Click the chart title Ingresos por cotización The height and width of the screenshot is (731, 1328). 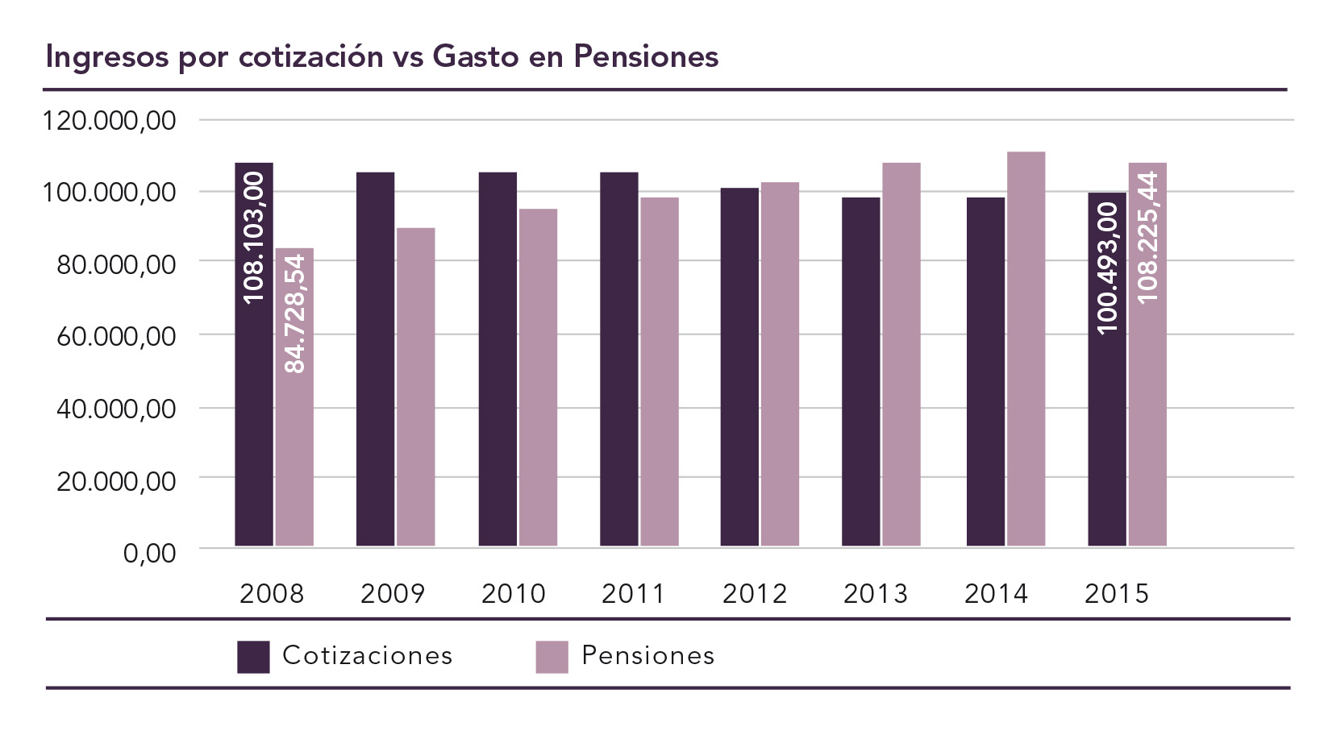click(381, 56)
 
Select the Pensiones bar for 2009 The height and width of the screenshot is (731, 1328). click(416, 387)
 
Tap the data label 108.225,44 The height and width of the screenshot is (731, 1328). click(1147, 238)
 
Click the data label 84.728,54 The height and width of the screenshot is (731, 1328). click(295, 314)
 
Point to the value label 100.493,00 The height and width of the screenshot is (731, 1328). click(1108, 268)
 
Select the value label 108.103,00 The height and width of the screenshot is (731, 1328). click(254, 238)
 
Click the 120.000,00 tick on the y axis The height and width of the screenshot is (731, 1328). click(109, 121)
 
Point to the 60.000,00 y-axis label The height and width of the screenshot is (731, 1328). click(115, 336)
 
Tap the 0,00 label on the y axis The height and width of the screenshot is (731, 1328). click(149, 553)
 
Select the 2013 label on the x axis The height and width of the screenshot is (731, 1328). click(875, 594)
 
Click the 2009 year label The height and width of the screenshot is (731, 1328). click(392, 594)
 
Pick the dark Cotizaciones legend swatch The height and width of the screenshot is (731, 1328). click(253, 657)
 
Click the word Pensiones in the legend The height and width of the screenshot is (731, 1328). click(647, 656)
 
